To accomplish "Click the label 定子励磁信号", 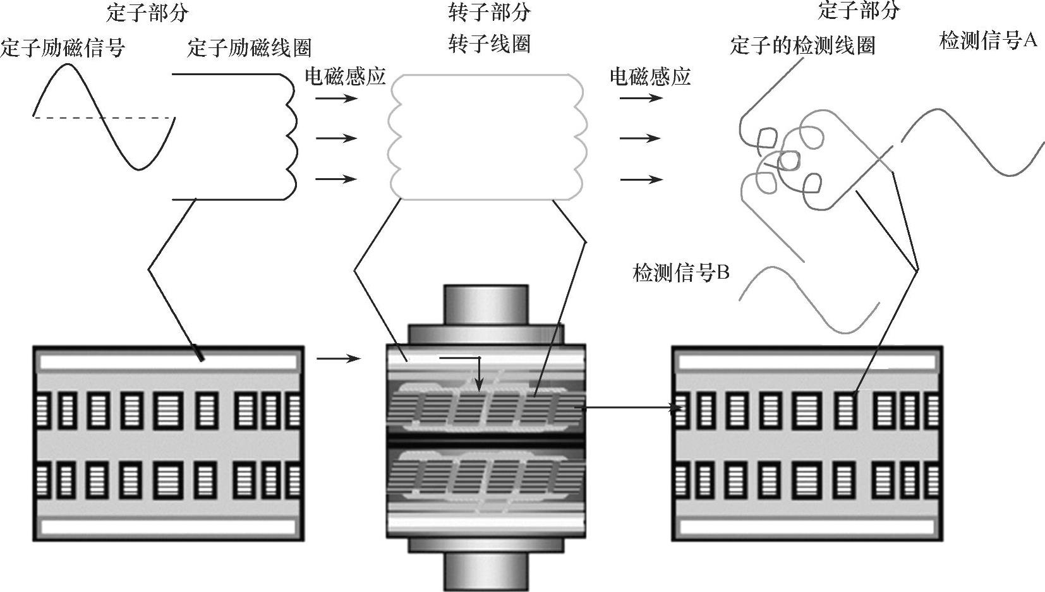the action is point(63,48).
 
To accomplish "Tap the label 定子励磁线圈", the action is point(249,48).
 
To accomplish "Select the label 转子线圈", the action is point(490,44).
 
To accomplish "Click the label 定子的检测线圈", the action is point(802,45).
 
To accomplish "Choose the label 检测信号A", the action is point(988,40).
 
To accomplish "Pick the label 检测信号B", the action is point(681,272).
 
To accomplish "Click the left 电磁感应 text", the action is point(345,76).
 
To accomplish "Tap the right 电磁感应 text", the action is point(650,76).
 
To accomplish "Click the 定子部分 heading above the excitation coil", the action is point(147,13).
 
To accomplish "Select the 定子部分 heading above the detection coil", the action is point(859,10).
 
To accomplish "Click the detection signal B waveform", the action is point(809,299).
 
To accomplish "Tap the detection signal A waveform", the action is point(974,142).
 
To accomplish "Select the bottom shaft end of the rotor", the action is point(486,572).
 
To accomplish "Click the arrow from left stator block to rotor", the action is point(339,358).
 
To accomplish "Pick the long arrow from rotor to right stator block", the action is point(628,408).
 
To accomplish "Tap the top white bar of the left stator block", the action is point(169,362).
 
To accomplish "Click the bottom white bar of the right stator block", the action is point(807,527).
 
